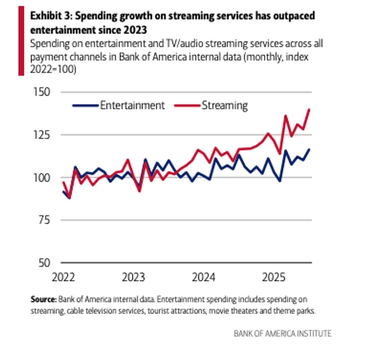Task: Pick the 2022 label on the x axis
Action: tap(63, 277)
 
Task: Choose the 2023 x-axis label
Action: tap(134, 277)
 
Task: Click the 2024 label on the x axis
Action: tap(204, 277)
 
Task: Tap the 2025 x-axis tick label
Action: tap(274, 277)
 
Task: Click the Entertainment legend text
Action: tap(132, 105)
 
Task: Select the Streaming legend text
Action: tap(224, 105)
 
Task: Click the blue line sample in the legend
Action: tap(85, 106)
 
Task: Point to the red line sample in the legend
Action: tap(187, 106)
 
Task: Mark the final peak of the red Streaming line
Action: tap(309, 109)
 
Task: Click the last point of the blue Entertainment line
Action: tap(309, 149)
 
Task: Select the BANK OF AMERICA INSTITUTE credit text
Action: tap(283, 334)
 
